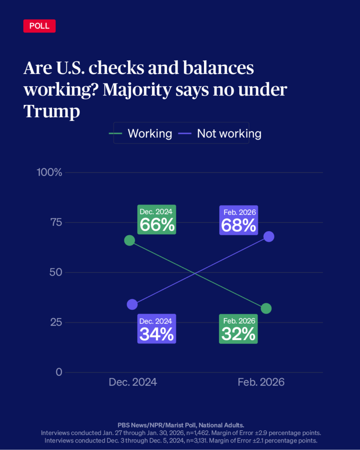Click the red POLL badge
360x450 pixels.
pos(39,26)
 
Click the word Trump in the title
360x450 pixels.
pos(51,111)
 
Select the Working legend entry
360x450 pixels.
pos(141,134)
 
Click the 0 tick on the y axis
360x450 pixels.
pos(59,372)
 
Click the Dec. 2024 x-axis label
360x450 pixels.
pos(133,382)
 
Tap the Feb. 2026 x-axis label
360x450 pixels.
pos(261,382)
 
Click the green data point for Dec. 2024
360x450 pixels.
pos(129,240)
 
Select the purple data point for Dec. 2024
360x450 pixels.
pos(132,304)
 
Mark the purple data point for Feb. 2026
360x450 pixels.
pos(269,236)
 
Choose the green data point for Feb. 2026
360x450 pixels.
pos(266,308)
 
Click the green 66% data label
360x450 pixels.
pos(156,220)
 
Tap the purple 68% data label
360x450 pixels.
pos(238,220)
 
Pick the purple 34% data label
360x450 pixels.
pos(156,329)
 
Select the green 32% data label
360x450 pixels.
pos(238,329)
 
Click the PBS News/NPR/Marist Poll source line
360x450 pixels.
pos(180,425)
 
